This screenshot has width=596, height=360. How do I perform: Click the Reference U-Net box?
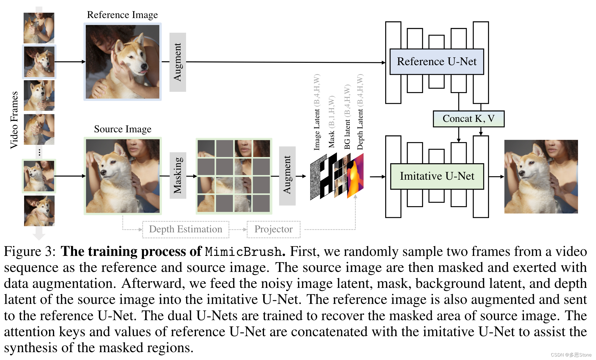436,62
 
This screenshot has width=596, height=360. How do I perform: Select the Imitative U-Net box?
437,176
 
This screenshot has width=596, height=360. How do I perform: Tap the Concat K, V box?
468,119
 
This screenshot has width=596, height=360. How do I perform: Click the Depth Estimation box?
185,229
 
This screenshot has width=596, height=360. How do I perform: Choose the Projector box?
273,229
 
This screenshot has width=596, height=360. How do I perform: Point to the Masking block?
178,175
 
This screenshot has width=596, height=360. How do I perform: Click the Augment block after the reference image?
177,62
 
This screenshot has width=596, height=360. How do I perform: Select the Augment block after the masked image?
287,175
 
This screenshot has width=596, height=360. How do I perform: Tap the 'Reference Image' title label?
122,15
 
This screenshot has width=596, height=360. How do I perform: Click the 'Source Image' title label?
122,129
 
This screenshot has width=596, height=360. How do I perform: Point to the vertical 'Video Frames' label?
14,120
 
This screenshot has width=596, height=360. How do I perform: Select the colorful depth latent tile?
355,176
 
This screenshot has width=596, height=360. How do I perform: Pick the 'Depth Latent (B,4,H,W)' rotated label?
360,112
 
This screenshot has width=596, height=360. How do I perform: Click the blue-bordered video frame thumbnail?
39,62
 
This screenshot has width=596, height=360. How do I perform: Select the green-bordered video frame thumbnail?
39,176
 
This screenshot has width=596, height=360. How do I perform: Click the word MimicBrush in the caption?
243,252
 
